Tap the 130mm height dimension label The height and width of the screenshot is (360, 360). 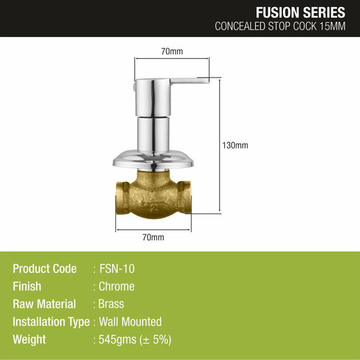235,145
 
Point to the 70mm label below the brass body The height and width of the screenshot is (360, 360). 153,237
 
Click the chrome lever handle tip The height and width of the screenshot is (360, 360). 204,79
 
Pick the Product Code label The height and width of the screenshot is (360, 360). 45,269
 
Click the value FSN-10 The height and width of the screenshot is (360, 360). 117,269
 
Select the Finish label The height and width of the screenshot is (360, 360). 27,286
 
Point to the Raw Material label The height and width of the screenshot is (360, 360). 44,304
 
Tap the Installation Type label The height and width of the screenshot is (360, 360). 52,322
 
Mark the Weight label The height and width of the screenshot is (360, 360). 29,340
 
